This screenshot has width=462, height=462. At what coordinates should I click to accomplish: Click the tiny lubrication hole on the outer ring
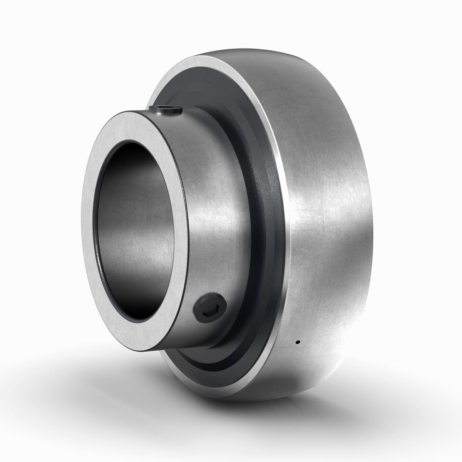coord(298,342)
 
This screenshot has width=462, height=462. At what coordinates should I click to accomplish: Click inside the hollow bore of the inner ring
coord(135,231)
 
